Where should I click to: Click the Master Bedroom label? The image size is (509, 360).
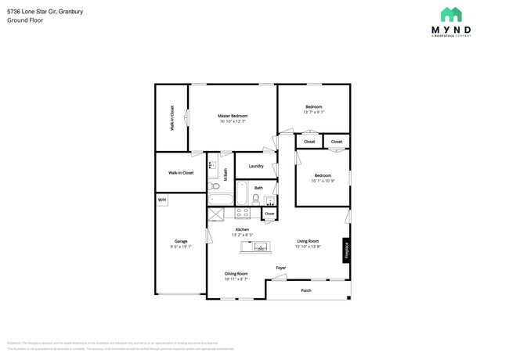[232, 115]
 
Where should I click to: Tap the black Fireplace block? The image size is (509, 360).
[345, 250]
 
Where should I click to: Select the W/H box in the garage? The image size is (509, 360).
[162, 200]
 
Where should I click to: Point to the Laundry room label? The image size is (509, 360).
[255, 166]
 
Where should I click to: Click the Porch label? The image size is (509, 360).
[306, 291]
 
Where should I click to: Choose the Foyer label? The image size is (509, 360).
[280, 268]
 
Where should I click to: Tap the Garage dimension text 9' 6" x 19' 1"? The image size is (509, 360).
[181, 247]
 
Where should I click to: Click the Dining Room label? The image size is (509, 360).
[236, 273]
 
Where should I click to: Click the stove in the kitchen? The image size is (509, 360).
[242, 212]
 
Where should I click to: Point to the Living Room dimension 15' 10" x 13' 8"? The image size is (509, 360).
[307, 247]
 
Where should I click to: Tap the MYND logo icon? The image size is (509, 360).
[450, 15]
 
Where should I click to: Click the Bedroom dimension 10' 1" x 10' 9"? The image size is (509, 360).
[323, 181]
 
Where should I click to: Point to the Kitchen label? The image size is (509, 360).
[242, 229]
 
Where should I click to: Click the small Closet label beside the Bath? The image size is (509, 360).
[269, 213]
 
